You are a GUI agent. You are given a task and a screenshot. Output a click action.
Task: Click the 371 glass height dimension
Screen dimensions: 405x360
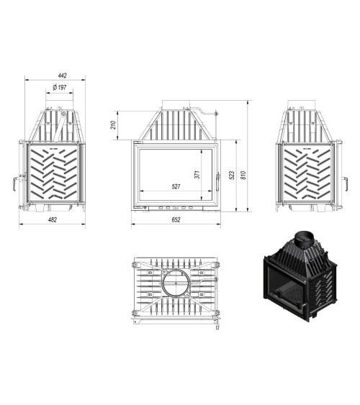click(197, 174)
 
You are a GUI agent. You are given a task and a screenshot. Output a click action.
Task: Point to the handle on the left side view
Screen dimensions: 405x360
click(13, 183)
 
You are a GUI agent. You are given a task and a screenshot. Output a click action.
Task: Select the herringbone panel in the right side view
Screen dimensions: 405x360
click(305, 176)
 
